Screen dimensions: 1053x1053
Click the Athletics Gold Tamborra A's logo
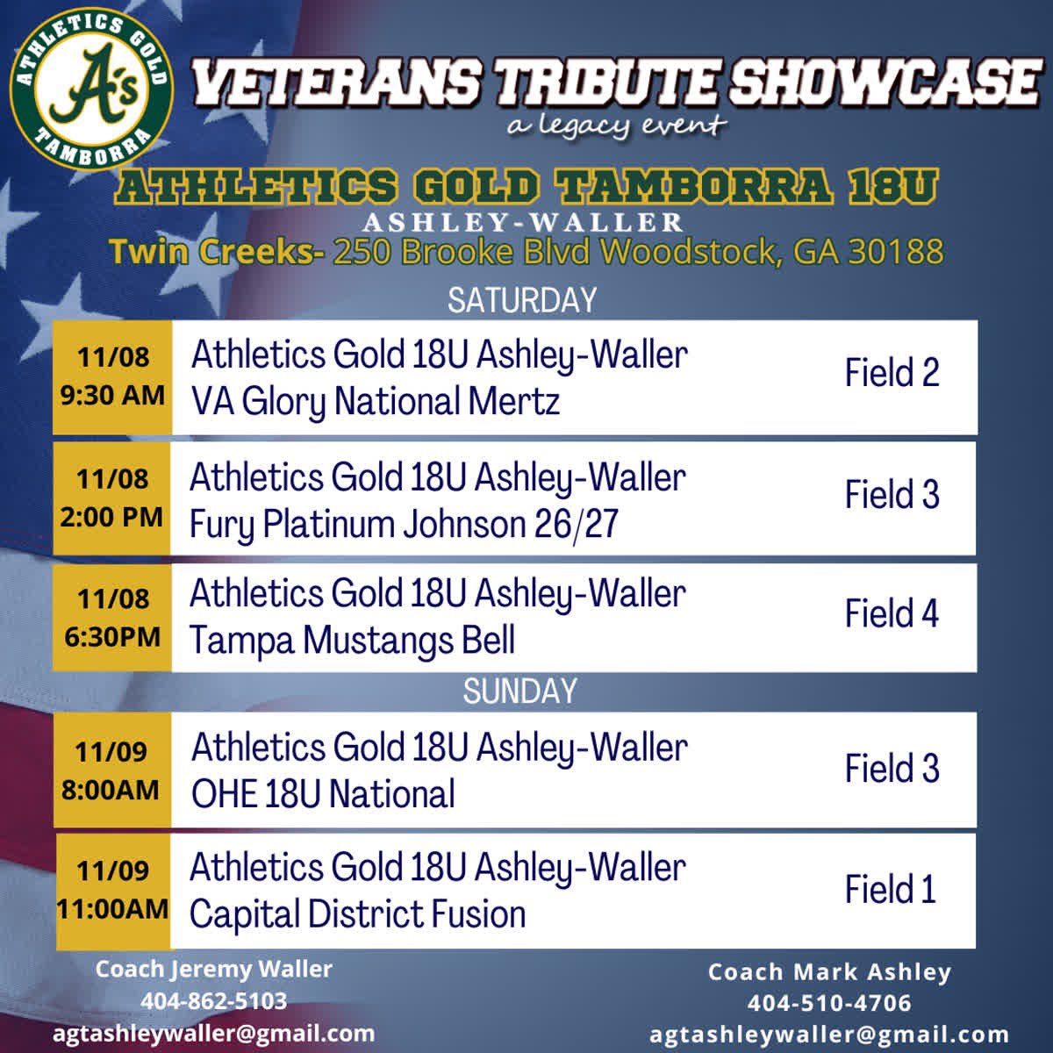[x=90, y=91]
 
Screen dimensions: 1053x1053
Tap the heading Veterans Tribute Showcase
[x=614, y=83]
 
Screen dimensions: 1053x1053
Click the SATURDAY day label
[x=521, y=300]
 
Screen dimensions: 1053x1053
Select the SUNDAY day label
[x=519, y=691]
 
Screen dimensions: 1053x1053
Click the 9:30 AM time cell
[x=112, y=376]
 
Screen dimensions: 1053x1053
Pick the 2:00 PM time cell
[x=111, y=498]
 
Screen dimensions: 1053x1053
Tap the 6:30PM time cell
[x=112, y=618]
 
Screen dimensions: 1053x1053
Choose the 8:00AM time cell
[x=111, y=770]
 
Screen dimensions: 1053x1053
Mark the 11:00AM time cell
[x=112, y=890]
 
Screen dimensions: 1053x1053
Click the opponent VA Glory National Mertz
[x=376, y=402]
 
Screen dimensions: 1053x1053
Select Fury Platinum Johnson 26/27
[x=404, y=525]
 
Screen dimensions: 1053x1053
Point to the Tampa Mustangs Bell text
[x=352, y=641]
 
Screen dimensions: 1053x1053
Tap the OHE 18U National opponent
[x=323, y=794]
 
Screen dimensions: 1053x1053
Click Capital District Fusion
[x=357, y=914]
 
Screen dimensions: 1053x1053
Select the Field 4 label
[x=892, y=613]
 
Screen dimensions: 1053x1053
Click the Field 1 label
[x=890, y=890]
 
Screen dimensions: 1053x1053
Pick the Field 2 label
[x=892, y=373]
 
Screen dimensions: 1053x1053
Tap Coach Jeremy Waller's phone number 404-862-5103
[x=213, y=1001]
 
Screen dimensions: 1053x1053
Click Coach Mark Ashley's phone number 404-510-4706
[x=829, y=1003]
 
